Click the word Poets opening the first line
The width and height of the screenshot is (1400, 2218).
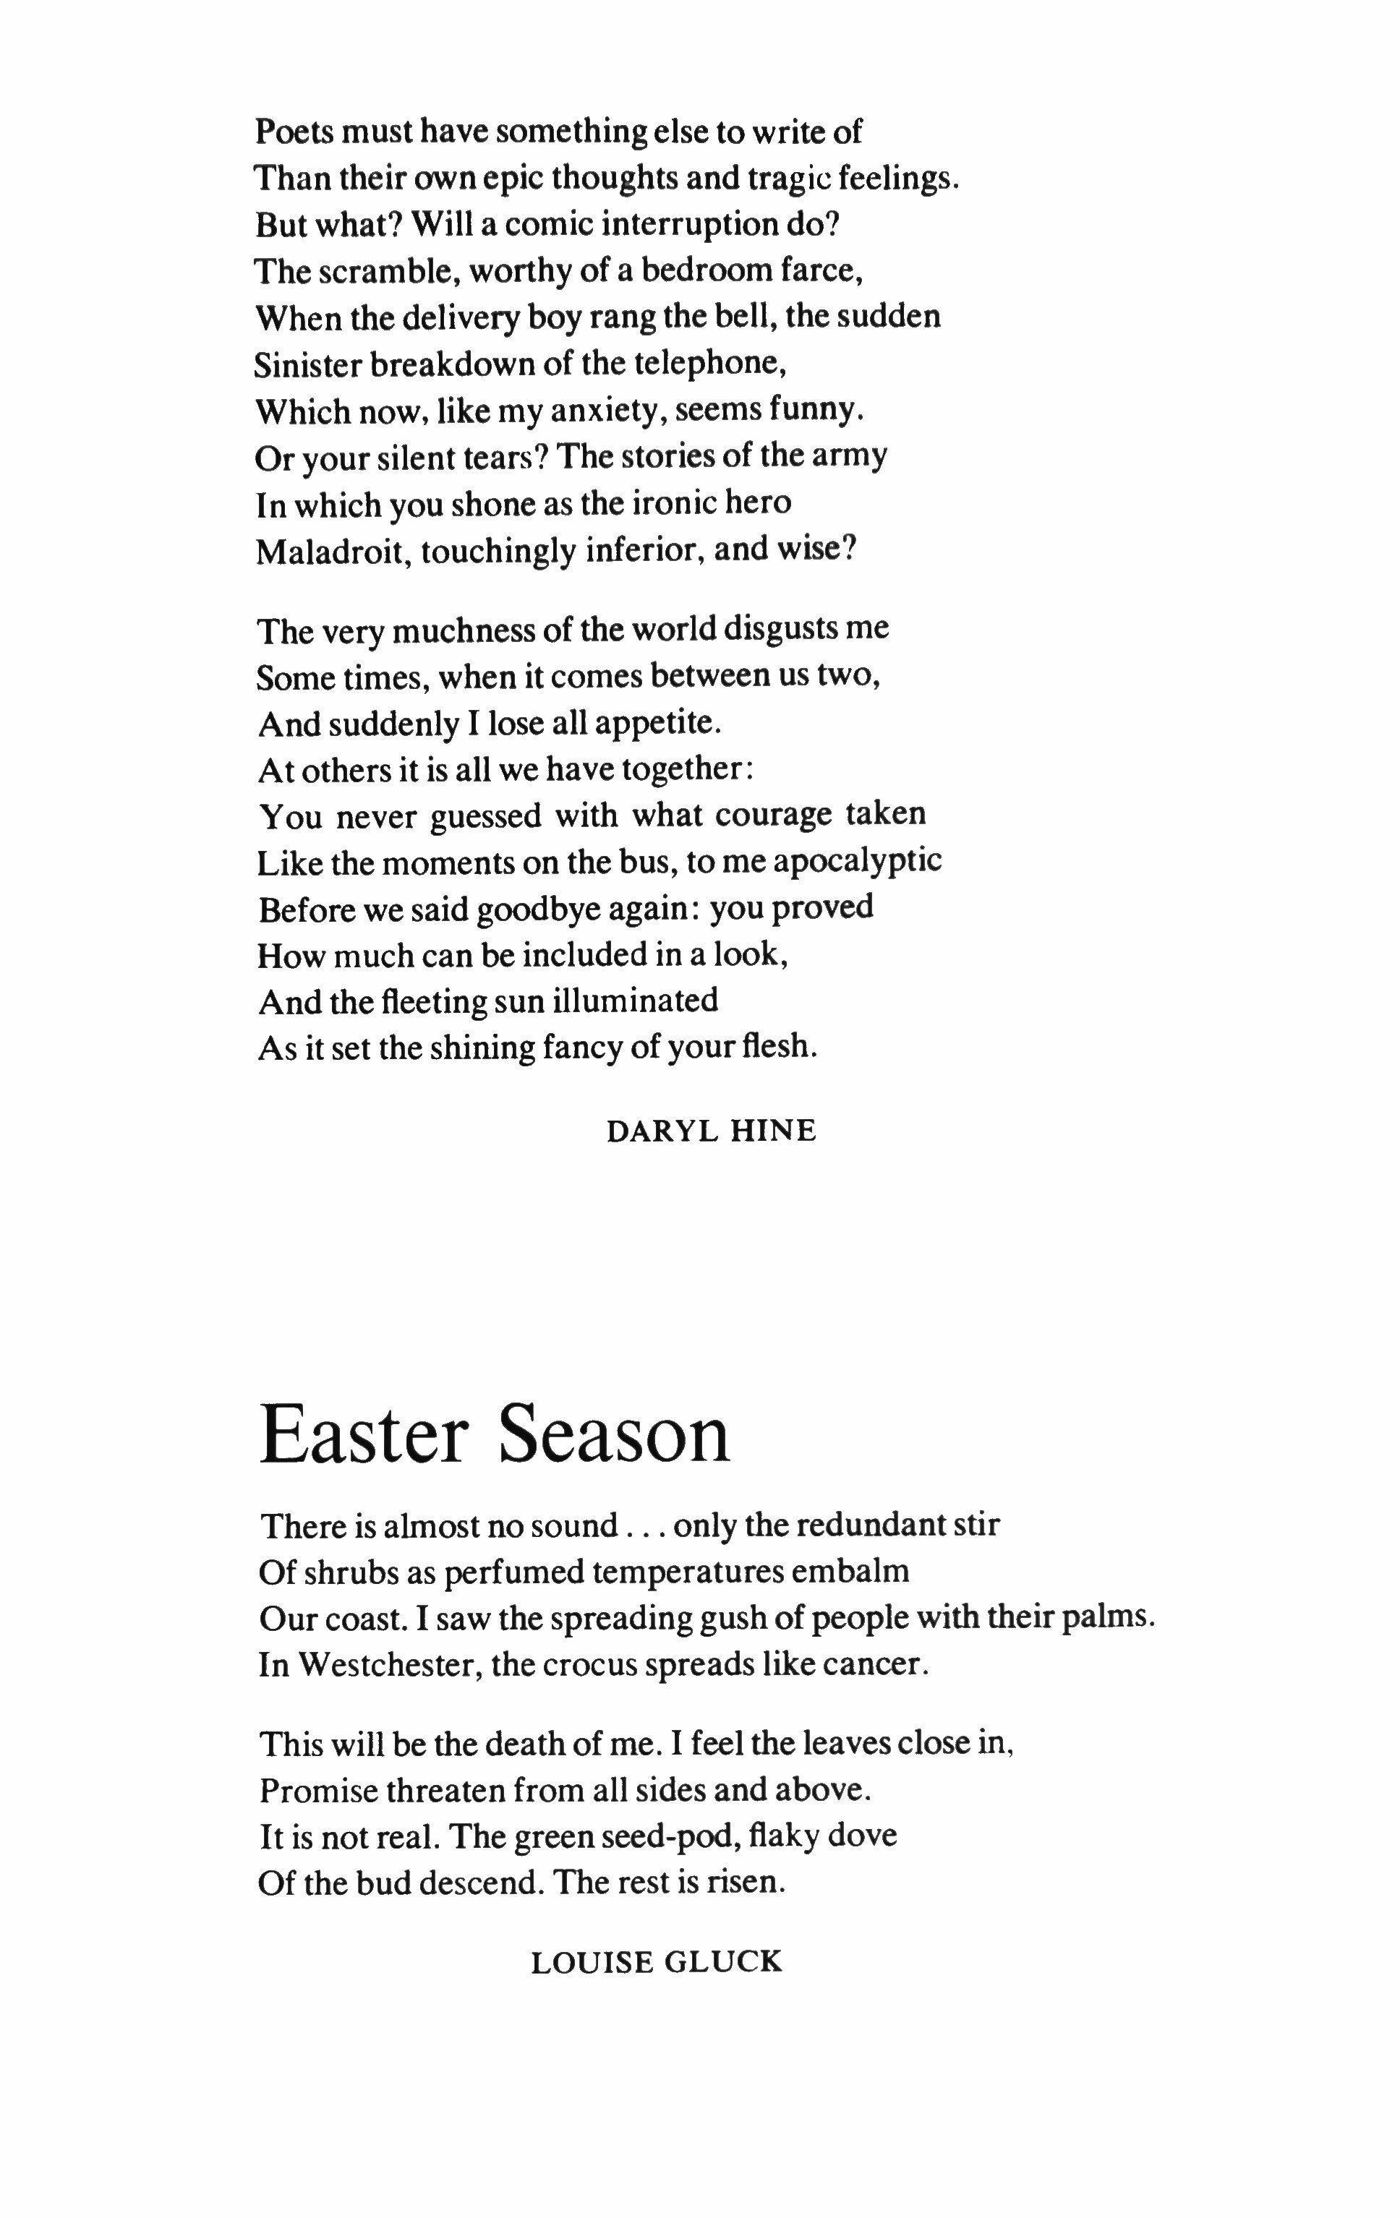pyautogui.click(x=293, y=132)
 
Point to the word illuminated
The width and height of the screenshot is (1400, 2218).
pyautogui.click(x=635, y=1001)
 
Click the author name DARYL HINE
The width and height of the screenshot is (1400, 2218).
pyautogui.click(x=711, y=1131)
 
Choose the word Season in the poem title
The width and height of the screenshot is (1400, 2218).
pyautogui.click(x=615, y=1434)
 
